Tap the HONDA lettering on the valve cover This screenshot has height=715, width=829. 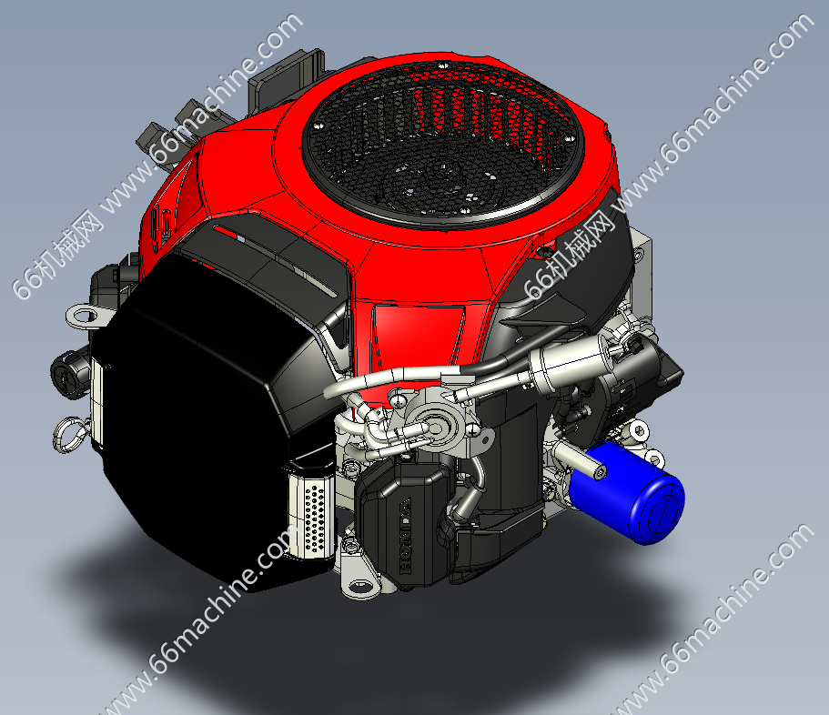(405, 536)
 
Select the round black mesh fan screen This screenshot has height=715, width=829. (444, 144)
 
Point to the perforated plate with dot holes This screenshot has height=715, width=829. (312, 515)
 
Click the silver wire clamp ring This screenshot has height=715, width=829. (69, 435)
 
